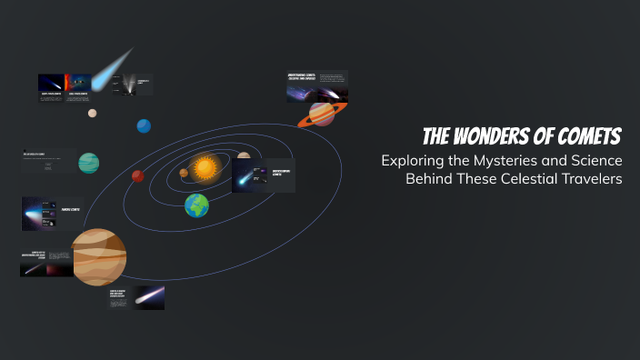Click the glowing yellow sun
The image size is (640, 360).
[205, 167]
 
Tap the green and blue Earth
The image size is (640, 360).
[196, 205]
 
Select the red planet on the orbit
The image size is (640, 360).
[138, 176]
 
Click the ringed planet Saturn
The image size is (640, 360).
[321, 114]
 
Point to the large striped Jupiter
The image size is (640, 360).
[99, 257]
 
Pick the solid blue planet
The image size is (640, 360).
[144, 125]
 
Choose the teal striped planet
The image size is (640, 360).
[88, 164]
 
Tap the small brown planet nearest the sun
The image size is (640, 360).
[184, 172]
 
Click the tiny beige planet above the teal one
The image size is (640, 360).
[92, 114]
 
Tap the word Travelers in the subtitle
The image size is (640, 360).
[591, 178]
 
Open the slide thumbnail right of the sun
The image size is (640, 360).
[264, 175]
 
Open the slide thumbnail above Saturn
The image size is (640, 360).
[315, 86]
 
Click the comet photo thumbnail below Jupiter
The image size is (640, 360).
[149, 297]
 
